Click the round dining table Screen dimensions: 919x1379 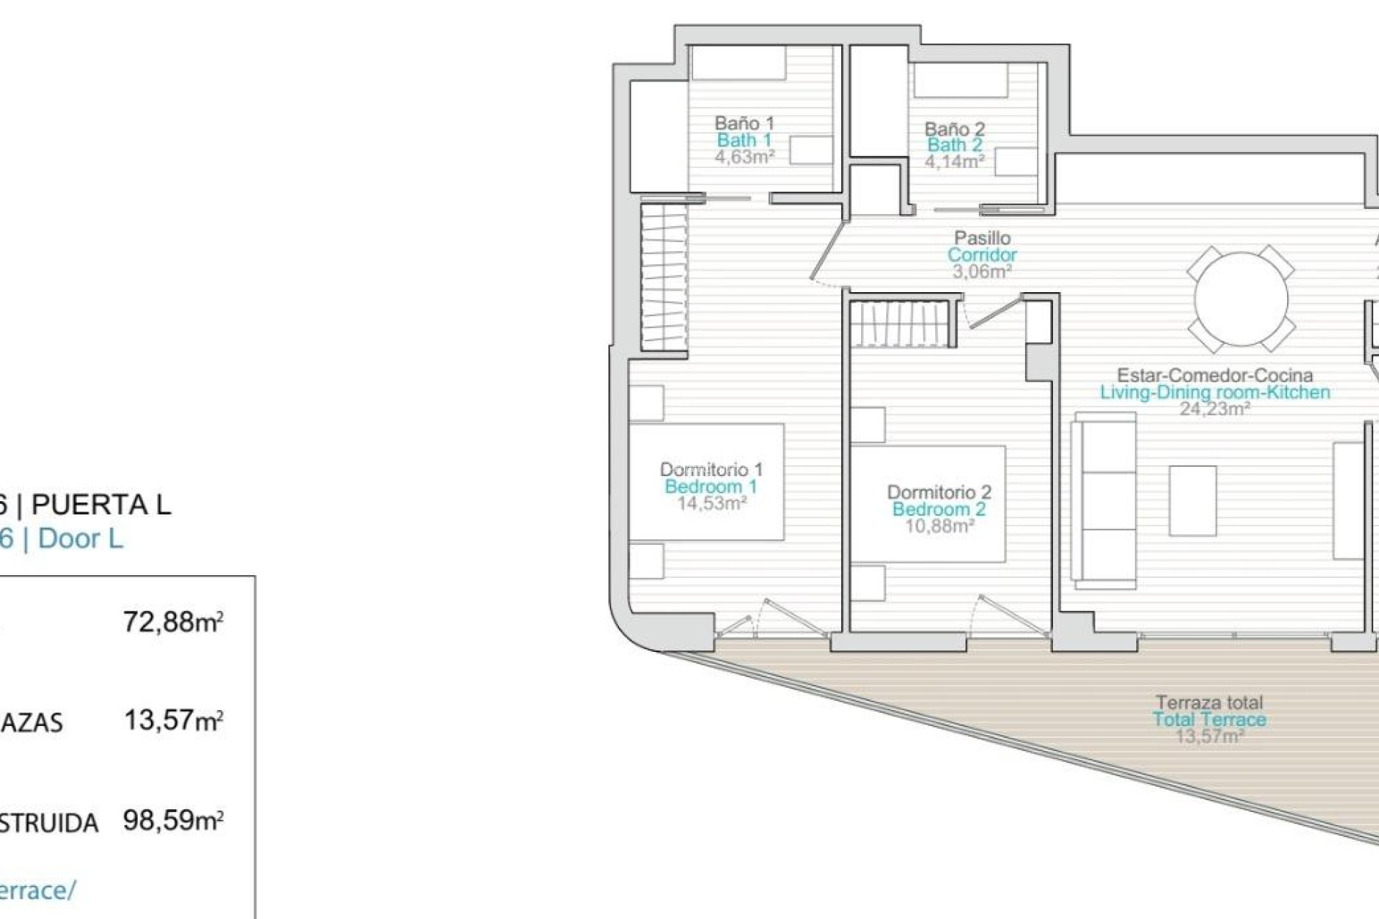click(x=1240, y=299)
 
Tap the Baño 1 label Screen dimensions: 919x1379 click(x=744, y=123)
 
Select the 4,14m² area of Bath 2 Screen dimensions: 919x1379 click(x=955, y=162)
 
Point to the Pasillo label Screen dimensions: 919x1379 click(x=982, y=238)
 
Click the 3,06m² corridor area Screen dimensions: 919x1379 click(x=982, y=271)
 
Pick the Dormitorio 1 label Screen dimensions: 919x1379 click(x=711, y=470)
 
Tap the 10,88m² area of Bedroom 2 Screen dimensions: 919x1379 click(x=939, y=526)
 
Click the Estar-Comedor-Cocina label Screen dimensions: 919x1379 click(x=1215, y=375)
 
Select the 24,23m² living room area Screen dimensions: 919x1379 click(x=1215, y=409)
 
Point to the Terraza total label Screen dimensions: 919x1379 click(x=1209, y=702)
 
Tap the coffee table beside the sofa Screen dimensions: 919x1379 click(x=1192, y=500)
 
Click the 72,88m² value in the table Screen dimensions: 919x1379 click(x=173, y=621)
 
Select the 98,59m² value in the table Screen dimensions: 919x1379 click(x=173, y=819)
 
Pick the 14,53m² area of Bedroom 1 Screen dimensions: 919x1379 click(x=711, y=503)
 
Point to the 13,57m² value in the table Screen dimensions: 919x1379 click(x=173, y=719)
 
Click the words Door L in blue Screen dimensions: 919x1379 click(x=80, y=538)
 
